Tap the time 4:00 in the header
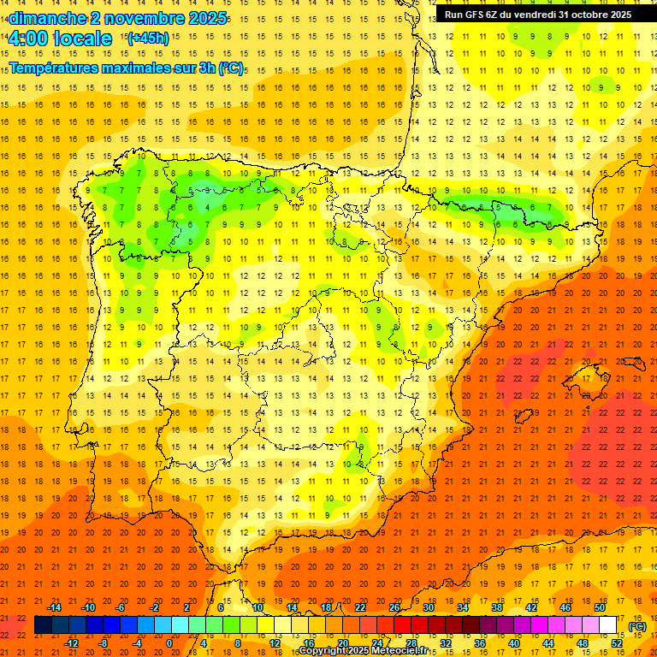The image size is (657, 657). point(28,38)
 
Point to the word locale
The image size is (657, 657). point(82,38)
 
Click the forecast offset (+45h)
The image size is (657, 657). point(147,38)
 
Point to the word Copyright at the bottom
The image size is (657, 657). point(322,651)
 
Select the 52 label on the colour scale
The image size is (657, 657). point(617,643)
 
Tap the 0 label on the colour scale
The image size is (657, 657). point(169,643)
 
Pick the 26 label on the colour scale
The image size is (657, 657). point(394,607)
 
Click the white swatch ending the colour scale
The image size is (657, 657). point(608,625)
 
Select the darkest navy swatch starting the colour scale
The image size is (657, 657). point(43,625)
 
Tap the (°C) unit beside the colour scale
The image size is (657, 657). point(637,626)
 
